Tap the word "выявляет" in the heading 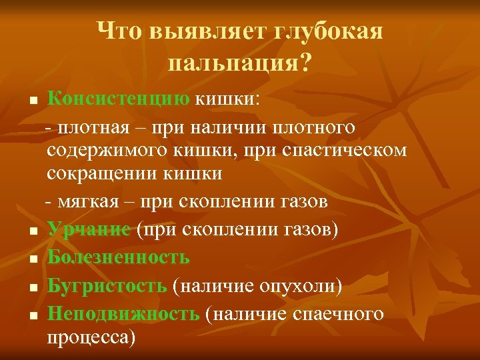click(x=203, y=31)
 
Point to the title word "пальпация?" click(x=241, y=63)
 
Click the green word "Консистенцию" click(x=119, y=100)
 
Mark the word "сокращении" click(x=102, y=174)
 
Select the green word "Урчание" click(x=89, y=230)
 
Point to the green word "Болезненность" click(x=119, y=257)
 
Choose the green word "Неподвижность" click(x=123, y=313)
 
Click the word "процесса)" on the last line click(x=91, y=338)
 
